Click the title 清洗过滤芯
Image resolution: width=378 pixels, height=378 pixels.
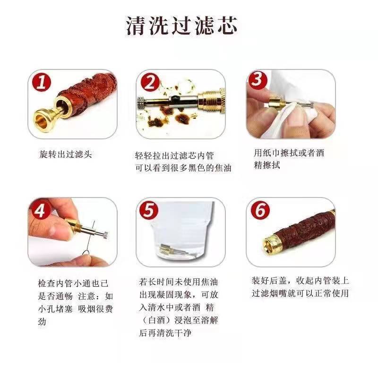click(181, 26)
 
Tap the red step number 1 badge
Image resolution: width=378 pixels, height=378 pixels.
click(42, 82)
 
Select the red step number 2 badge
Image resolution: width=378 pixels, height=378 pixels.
click(150, 82)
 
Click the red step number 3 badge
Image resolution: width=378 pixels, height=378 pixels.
click(258, 80)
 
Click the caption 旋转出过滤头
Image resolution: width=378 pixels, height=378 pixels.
click(66, 155)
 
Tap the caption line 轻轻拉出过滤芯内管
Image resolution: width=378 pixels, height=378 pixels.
click(174, 156)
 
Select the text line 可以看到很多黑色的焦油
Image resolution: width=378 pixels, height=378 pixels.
click(183, 168)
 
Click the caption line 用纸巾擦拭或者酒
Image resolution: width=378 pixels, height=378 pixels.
click(289, 153)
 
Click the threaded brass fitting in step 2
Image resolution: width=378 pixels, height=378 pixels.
click(212, 100)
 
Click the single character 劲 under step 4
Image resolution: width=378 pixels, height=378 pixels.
click(42, 321)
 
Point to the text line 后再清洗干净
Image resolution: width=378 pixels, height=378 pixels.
click(165, 333)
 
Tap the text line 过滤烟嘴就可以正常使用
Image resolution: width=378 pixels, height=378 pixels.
click(300, 293)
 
